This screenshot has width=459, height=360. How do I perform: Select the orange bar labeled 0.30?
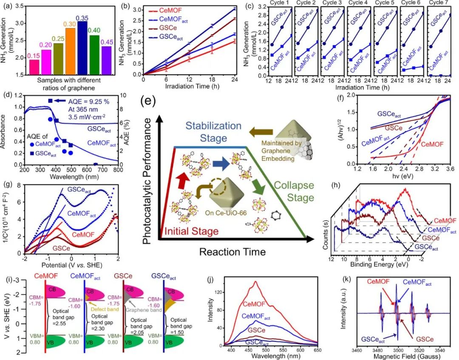[x=70, y=51]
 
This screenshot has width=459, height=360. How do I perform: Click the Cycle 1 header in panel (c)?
[x=278, y=3]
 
